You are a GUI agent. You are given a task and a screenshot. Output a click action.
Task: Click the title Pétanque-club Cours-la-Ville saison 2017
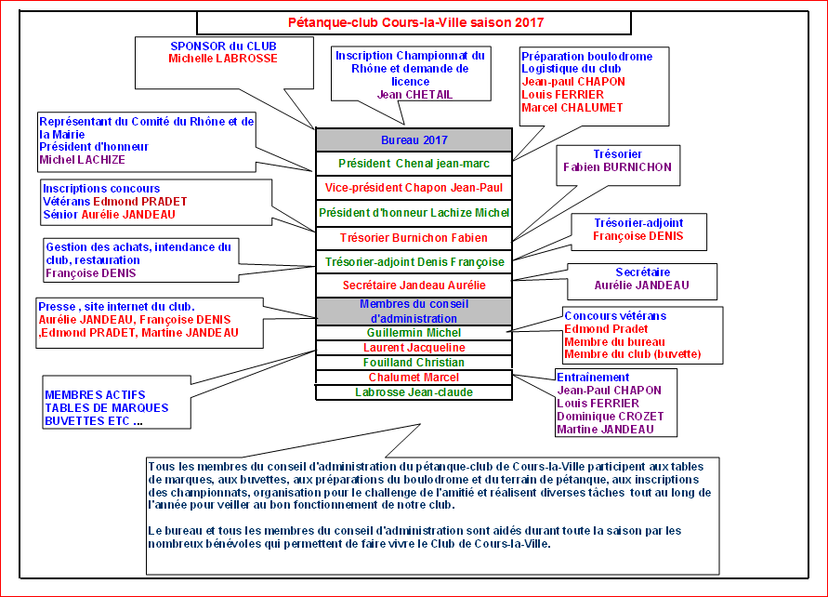414,22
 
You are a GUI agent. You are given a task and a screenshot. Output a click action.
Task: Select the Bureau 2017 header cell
414,140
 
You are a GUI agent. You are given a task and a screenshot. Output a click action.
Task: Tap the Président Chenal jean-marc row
414,164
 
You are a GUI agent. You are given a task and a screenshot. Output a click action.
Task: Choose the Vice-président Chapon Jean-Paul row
414,188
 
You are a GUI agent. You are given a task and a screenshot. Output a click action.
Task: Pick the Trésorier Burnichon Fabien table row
414,238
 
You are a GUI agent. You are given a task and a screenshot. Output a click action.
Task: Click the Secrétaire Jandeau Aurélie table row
414,285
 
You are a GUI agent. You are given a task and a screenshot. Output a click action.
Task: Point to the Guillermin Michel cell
414,332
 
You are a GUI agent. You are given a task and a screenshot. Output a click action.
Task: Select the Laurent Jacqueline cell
414,347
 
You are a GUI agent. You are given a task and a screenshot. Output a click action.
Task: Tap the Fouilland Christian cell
414,362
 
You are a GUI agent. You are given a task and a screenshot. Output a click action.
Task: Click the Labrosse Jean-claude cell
414,392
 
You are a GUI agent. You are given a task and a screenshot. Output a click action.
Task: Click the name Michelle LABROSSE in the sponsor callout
223,58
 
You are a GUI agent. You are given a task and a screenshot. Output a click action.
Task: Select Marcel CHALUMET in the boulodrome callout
572,107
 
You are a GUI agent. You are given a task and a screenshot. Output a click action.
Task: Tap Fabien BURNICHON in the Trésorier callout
617,167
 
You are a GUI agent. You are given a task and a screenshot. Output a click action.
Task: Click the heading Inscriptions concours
101,189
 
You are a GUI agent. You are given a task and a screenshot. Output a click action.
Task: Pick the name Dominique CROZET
610,417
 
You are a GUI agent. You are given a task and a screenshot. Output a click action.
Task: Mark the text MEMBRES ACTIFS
95,395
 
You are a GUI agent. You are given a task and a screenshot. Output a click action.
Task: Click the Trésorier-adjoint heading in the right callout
637,222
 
